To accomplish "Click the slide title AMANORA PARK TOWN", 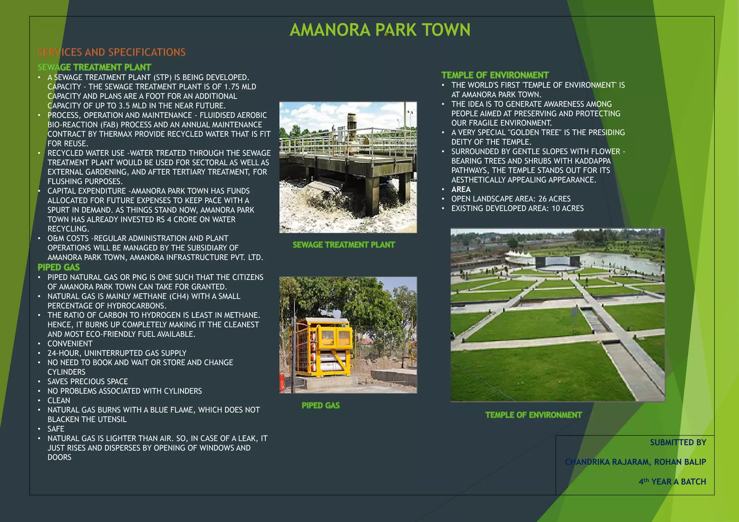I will pyautogui.click(x=380, y=30).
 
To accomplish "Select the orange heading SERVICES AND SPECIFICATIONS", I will pyautogui.click(x=111, y=52).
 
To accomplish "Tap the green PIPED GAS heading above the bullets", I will pyautogui.click(x=58, y=267).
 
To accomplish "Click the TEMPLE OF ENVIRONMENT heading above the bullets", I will pyautogui.click(x=495, y=75).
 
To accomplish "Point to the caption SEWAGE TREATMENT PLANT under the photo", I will pyautogui.click(x=344, y=245).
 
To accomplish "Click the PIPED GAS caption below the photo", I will pyautogui.click(x=320, y=405).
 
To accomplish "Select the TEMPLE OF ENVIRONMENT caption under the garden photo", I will pyautogui.click(x=533, y=415).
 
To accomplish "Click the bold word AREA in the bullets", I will pyautogui.click(x=461, y=189).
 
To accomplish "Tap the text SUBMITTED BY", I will pyautogui.click(x=678, y=442).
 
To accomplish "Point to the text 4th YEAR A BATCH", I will pyautogui.click(x=672, y=482).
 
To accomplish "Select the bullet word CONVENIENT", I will pyautogui.click(x=70, y=344).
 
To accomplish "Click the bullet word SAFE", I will pyautogui.click(x=56, y=429).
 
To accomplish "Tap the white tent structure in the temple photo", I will pyautogui.click(x=519, y=256).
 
